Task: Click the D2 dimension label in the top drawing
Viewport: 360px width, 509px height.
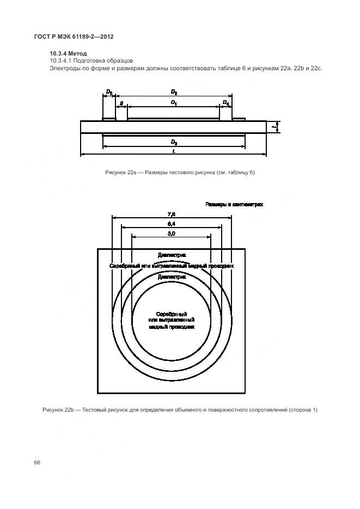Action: point(174,93)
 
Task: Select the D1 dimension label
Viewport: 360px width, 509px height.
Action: point(174,102)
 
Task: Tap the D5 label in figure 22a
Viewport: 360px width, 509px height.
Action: point(109,93)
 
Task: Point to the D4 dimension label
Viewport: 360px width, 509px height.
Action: point(226,102)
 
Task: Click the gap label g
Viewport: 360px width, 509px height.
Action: point(121,102)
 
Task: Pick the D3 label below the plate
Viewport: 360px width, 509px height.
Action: point(174,142)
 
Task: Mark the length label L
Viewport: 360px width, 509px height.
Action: point(174,151)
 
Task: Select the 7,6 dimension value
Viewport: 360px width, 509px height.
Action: point(172,214)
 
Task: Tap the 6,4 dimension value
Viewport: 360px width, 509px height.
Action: point(172,224)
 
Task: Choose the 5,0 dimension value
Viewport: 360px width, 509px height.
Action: point(172,234)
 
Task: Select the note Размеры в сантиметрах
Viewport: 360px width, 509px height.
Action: point(234,205)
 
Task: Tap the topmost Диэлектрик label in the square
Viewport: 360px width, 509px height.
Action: point(172,255)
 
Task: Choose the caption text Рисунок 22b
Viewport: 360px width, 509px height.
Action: point(58,409)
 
